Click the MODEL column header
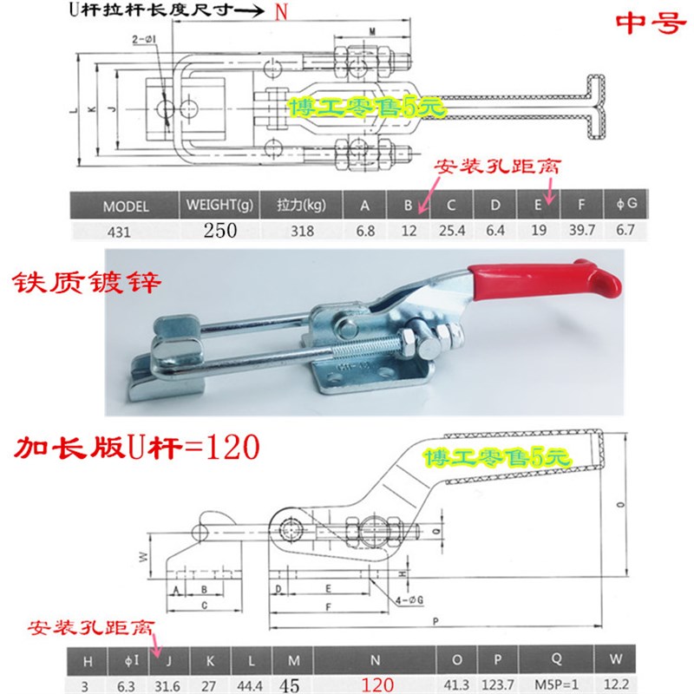(x=126, y=206)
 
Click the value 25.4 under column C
(x=452, y=231)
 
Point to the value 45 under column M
(x=291, y=684)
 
